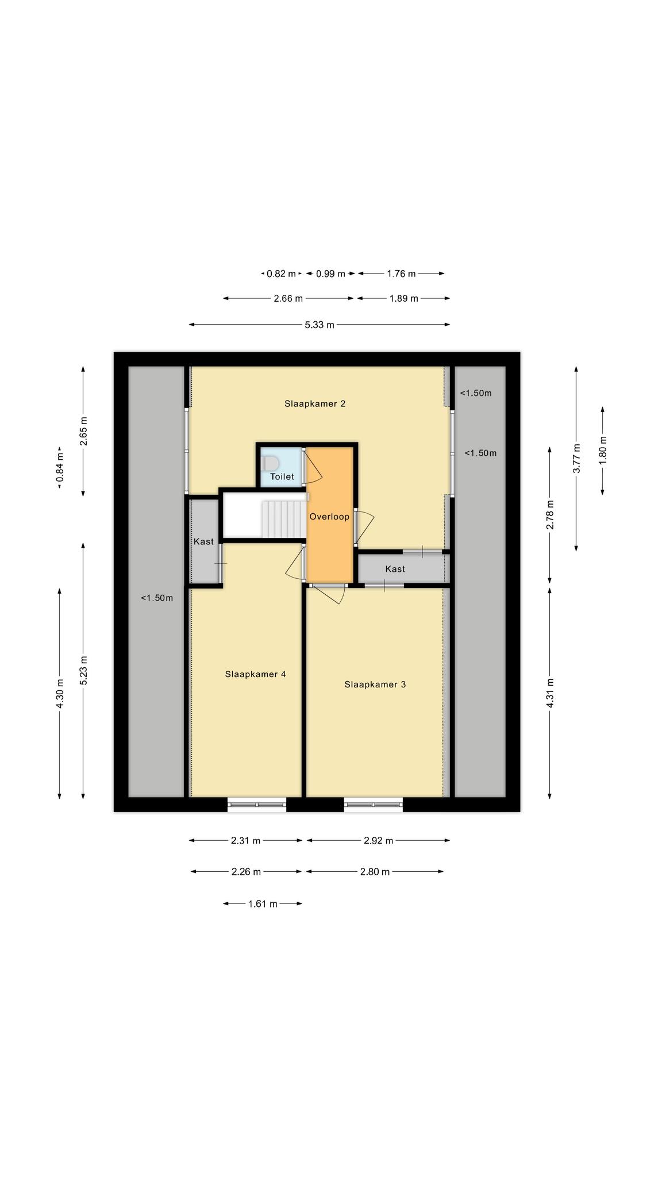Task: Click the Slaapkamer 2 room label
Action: pyautogui.click(x=315, y=403)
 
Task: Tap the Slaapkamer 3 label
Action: pyautogui.click(x=375, y=684)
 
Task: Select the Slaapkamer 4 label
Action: pyautogui.click(x=256, y=674)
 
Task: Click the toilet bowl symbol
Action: pyautogui.click(x=270, y=463)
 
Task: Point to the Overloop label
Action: pyautogui.click(x=329, y=517)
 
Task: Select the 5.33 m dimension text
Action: pyautogui.click(x=320, y=325)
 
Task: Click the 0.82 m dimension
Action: pyautogui.click(x=281, y=274)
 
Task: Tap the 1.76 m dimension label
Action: pyautogui.click(x=401, y=274)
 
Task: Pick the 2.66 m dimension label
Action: pyautogui.click(x=288, y=298)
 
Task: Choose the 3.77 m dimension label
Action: pyautogui.click(x=576, y=459)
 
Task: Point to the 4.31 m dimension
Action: pyautogui.click(x=550, y=693)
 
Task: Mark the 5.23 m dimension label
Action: pyautogui.click(x=83, y=670)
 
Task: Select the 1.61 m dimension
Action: pyautogui.click(x=263, y=904)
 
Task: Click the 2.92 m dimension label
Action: pyautogui.click(x=378, y=841)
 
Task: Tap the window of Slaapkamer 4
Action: pyautogui.click(x=257, y=805)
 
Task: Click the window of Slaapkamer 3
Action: pyautogui.click(x=374, y=805)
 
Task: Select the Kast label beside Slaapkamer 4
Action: pyautogui.click(x=203, y=541)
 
